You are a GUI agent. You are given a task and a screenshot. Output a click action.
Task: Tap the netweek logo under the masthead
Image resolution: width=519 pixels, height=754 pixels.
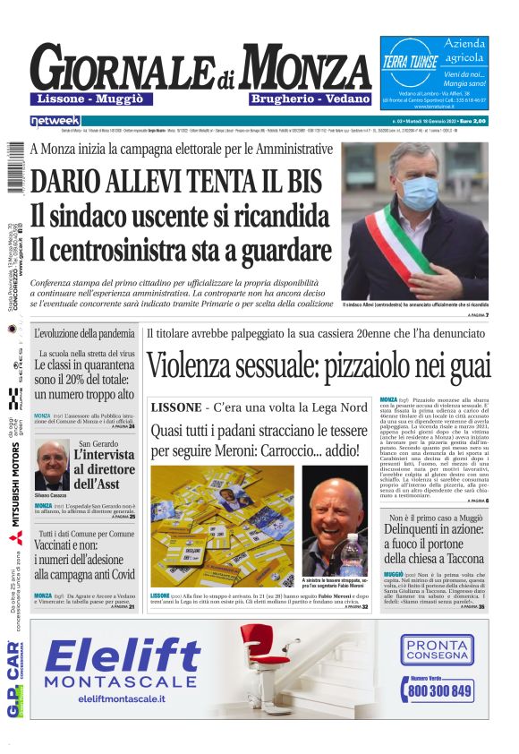[55, 120]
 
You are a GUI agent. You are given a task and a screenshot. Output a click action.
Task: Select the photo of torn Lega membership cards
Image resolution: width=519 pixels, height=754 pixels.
[222, 524]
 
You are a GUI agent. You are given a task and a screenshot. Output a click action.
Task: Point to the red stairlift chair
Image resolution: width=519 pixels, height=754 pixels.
[266, 649]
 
